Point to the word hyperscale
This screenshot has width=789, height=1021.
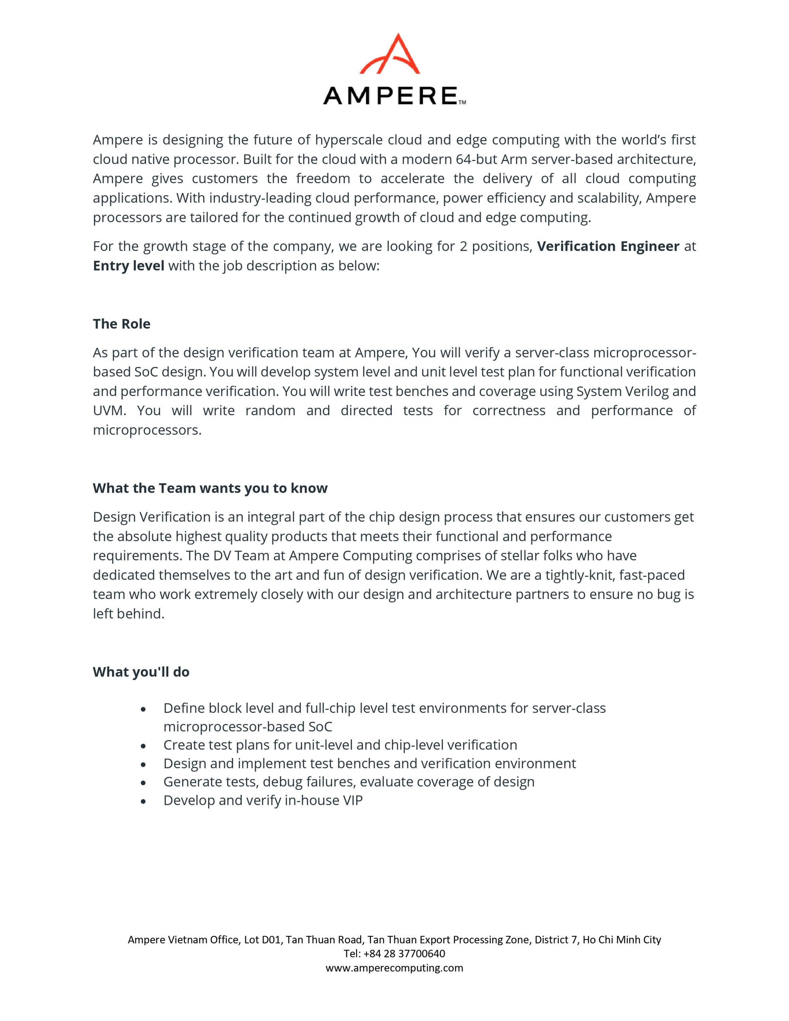[x=349, y=140]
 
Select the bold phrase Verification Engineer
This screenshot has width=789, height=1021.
[x=608, y=246]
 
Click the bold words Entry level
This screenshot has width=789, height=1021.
[x=128, y=266]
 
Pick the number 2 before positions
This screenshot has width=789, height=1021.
[x=463, y=246]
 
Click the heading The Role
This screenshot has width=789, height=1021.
[x=122, y=324]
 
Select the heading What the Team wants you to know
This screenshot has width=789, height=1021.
[x=210, y=488]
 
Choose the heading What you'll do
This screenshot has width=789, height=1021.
[x=141, y=672]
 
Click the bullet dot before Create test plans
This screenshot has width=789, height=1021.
[x=144, y=746]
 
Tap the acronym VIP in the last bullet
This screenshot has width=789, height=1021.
[x=352, y=801]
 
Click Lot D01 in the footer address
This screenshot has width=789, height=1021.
[x=263, y=940]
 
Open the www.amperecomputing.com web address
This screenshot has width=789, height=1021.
[x=394, y=968]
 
